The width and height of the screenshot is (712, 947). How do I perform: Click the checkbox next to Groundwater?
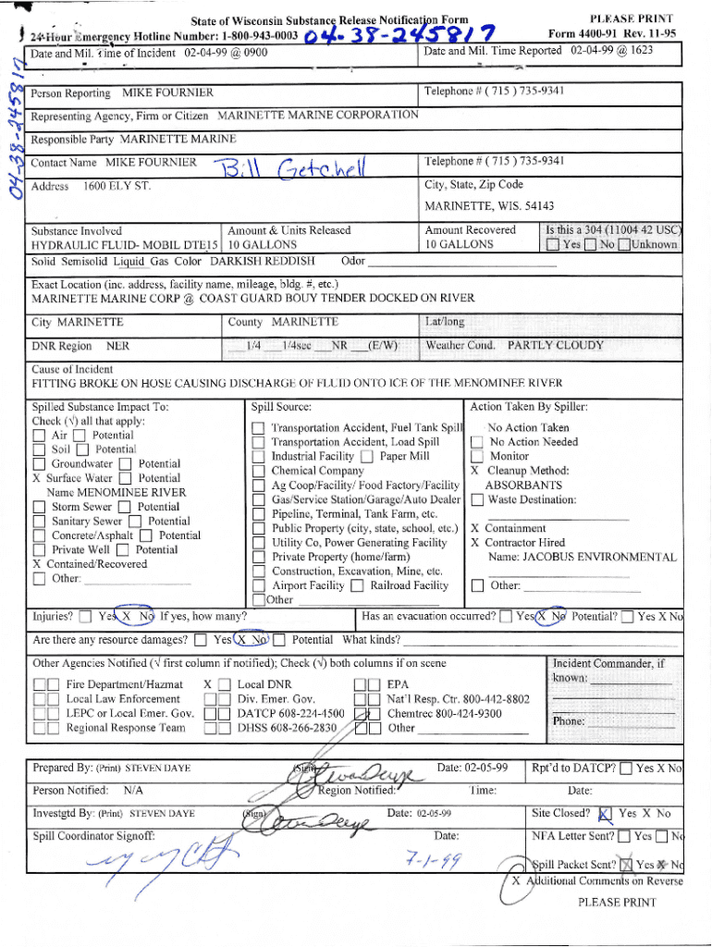point(39,464)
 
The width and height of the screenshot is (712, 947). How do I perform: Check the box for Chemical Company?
point(258,472)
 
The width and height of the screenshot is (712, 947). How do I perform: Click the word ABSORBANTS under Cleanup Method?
point(523,485)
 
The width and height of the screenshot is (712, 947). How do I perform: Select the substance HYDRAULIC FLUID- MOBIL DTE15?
point(125,245)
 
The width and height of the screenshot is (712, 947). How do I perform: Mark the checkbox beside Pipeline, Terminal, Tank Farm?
point(258,514)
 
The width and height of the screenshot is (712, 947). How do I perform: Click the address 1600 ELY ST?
point(117,187)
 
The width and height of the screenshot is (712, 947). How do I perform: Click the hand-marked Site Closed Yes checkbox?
point(605,815)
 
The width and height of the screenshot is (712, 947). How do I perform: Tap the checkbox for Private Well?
point(39,550)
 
